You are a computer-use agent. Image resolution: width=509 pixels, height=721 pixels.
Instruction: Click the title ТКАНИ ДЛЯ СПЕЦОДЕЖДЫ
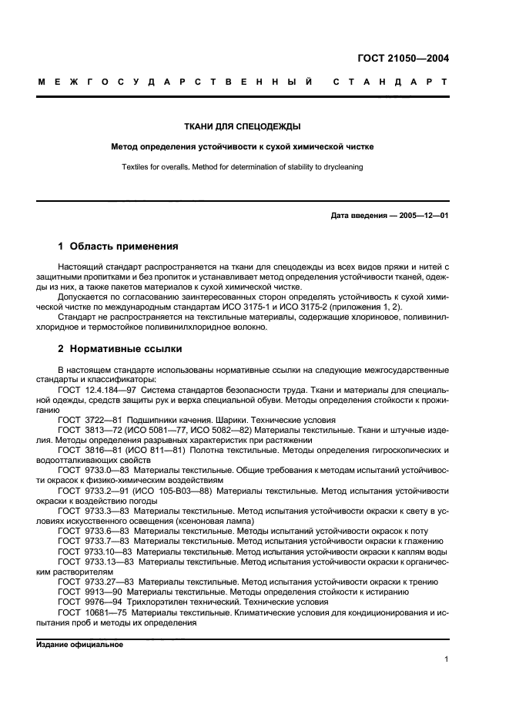(x=242, y=127)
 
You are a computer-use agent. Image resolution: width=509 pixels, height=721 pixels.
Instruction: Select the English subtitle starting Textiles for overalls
(x=242, y=166)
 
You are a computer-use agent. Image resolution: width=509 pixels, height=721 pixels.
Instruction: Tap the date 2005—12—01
(x=421, y=216)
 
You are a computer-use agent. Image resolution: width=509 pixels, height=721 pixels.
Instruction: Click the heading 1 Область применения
(x=118, y=246)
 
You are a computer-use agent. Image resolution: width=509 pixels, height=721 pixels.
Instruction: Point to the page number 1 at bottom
(x=447, y=659)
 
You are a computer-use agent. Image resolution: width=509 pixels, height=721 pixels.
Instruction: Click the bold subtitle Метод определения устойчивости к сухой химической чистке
(x=242, y=146)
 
